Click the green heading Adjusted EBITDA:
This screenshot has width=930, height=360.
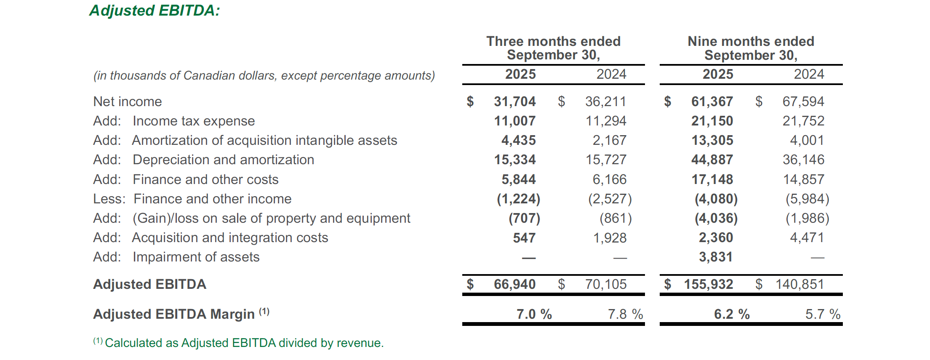[155, 11]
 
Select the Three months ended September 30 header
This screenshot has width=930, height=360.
[553, 48]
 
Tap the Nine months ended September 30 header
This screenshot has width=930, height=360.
[751, 48]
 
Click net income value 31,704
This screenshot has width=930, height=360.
[514, 101]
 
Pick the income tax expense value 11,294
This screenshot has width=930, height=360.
[605, 121]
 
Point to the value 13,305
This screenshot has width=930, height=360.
[712, 140]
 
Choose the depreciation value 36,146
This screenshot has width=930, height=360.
[803, 160]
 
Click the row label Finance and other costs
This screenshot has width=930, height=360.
[205, 179]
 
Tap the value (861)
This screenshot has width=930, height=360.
[615, 218]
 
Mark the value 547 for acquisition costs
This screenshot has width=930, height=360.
[524, 238]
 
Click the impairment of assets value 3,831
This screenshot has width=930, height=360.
[715, 257]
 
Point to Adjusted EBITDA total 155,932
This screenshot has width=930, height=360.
[708, 284]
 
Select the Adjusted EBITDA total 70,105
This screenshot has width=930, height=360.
[605, 284]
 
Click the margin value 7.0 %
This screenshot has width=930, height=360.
[534, 314]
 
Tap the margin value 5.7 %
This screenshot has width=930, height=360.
[822, 314]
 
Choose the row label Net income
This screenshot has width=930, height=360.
[128, 101]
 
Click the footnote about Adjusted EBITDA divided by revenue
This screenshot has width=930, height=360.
[244, 343]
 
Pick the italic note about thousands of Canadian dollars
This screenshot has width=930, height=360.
[264, 75]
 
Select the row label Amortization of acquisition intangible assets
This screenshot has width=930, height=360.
[264, 140]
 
